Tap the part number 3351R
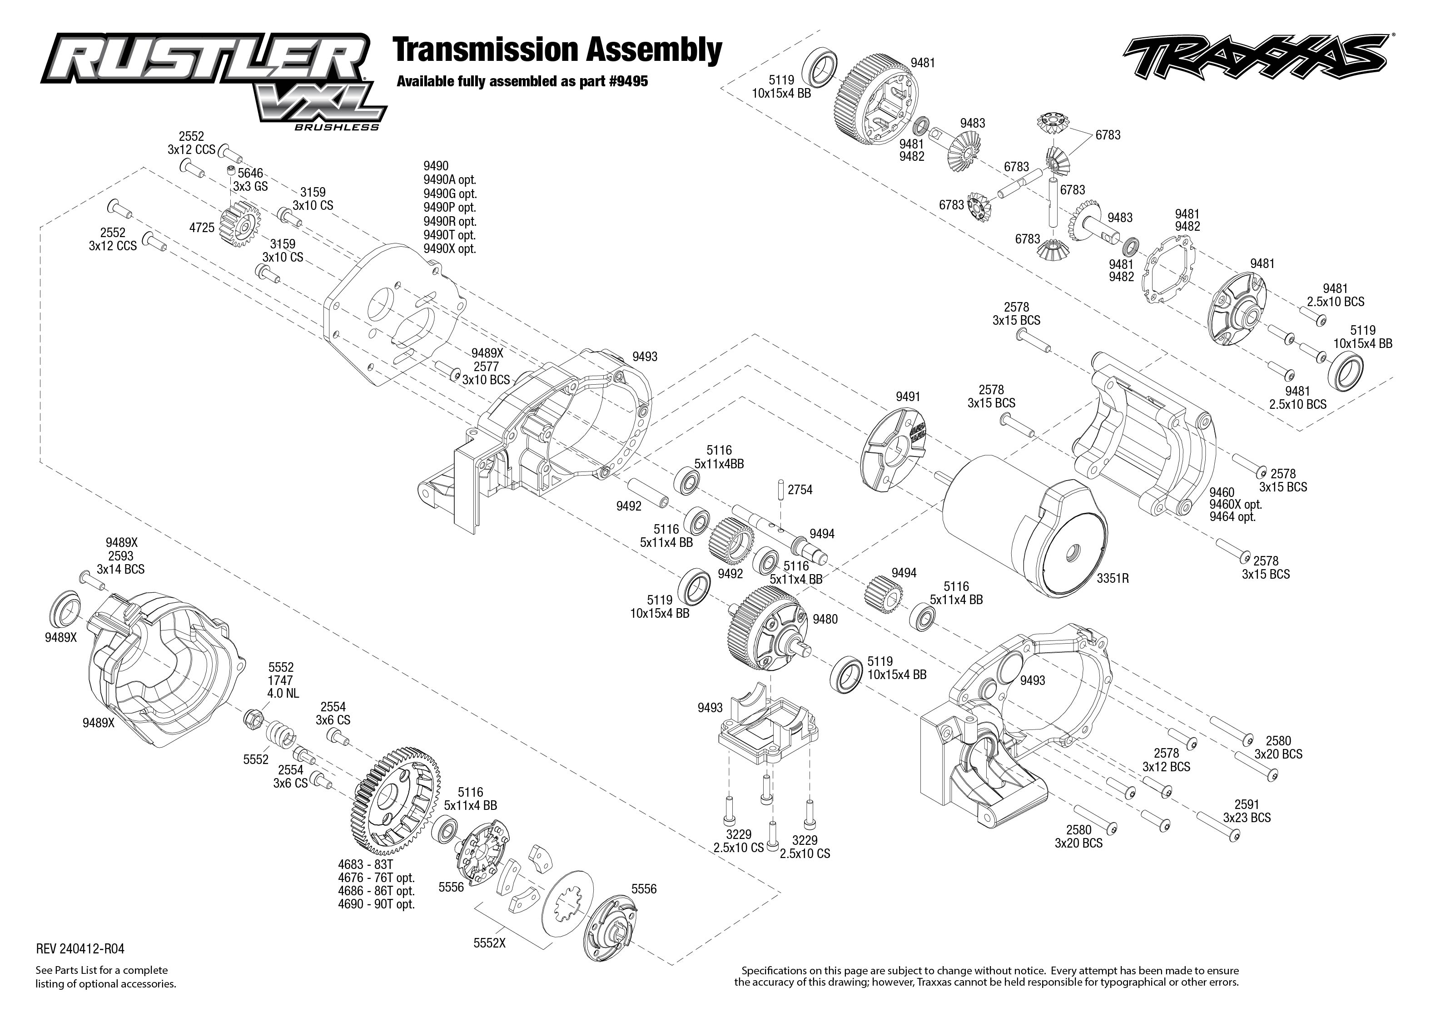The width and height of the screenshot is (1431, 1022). click(x=1113, y=578)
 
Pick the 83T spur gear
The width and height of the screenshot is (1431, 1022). click(x=393, y=796)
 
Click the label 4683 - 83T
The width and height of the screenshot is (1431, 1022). click(x=365, y=865)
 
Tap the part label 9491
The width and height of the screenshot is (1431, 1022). click(x=907, y=397)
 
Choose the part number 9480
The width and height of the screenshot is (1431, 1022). click(x=825, y=619)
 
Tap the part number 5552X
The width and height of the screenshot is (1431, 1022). click(x=490, y=943)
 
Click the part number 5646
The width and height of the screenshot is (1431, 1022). click(x=250, y=174)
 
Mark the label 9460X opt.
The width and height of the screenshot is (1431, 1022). click(x=1235, y=504)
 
